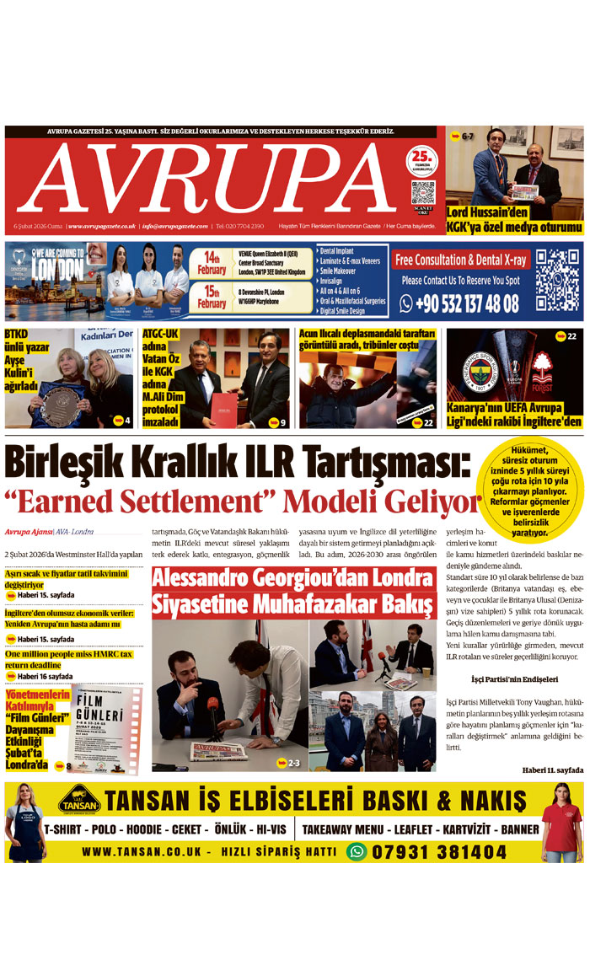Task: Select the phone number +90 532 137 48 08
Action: (x=460, y=303)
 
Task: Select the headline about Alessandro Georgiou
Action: (x=293, y=591)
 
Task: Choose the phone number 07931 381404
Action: (x=439, y=851)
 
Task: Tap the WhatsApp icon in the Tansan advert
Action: (x=357, y=851)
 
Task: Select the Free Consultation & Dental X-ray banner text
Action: (x=459, y=259)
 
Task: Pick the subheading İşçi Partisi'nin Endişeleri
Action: (x=514, y=679)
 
